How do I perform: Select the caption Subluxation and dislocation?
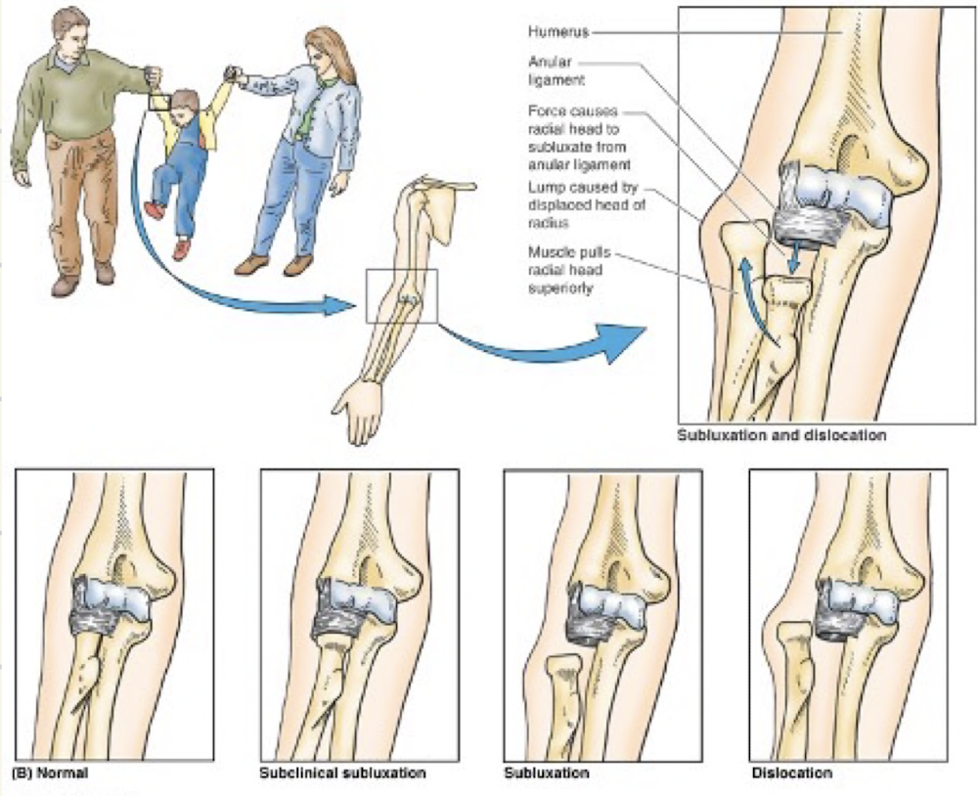[x=781, y=435]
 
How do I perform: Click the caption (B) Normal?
[x=50, y=773]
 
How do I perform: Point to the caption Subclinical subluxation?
[x=342, y=773]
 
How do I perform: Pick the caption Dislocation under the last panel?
[x=792, y=773]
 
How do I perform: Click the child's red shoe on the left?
[x=154, y=209]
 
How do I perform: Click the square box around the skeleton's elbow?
[x=402, y=296]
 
